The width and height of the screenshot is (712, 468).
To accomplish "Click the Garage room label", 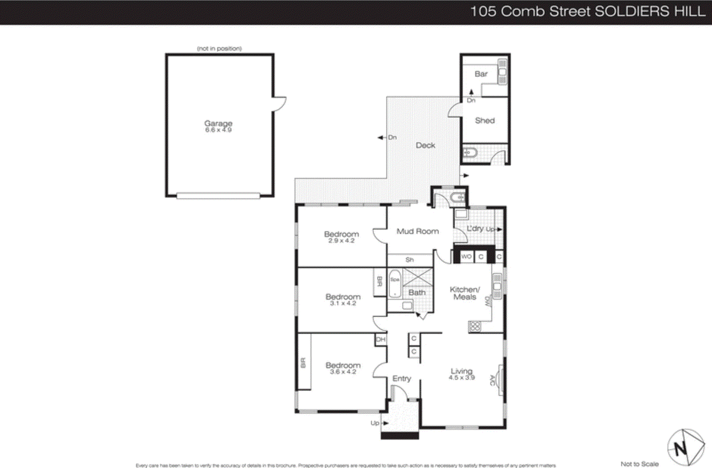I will point(218,123).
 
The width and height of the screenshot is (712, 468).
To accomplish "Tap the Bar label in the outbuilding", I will point(481,74).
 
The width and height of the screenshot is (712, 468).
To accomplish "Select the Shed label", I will point(485,120).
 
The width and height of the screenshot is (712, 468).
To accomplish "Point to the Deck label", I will point(425,145).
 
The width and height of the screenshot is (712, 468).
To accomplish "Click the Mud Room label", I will point(417,231).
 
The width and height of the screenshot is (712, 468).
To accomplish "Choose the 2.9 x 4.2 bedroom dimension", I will point(341,241).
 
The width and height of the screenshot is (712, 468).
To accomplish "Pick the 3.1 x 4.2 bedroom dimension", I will point(343,303).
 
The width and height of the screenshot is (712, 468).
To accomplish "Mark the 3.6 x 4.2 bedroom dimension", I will point(343,372).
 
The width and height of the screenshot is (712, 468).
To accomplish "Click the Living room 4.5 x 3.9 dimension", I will point(461,378).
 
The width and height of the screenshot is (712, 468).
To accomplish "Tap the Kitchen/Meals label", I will point(465,293).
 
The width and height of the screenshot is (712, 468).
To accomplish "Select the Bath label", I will point(417,292).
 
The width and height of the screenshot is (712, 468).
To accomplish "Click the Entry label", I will point(401,378).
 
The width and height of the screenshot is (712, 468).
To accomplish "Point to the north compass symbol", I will point(685,447).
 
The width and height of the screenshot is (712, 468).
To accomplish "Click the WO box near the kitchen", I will point(466,257).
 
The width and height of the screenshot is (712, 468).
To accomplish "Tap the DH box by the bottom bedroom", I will point(380,339).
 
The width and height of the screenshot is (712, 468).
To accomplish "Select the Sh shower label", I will point(409,260).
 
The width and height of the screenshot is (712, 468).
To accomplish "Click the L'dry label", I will point(475,228).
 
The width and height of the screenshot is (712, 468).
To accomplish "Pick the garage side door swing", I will point(280,104).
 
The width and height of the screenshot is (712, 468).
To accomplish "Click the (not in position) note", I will point(219,48).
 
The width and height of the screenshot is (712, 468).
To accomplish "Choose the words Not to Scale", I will point(639,464).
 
